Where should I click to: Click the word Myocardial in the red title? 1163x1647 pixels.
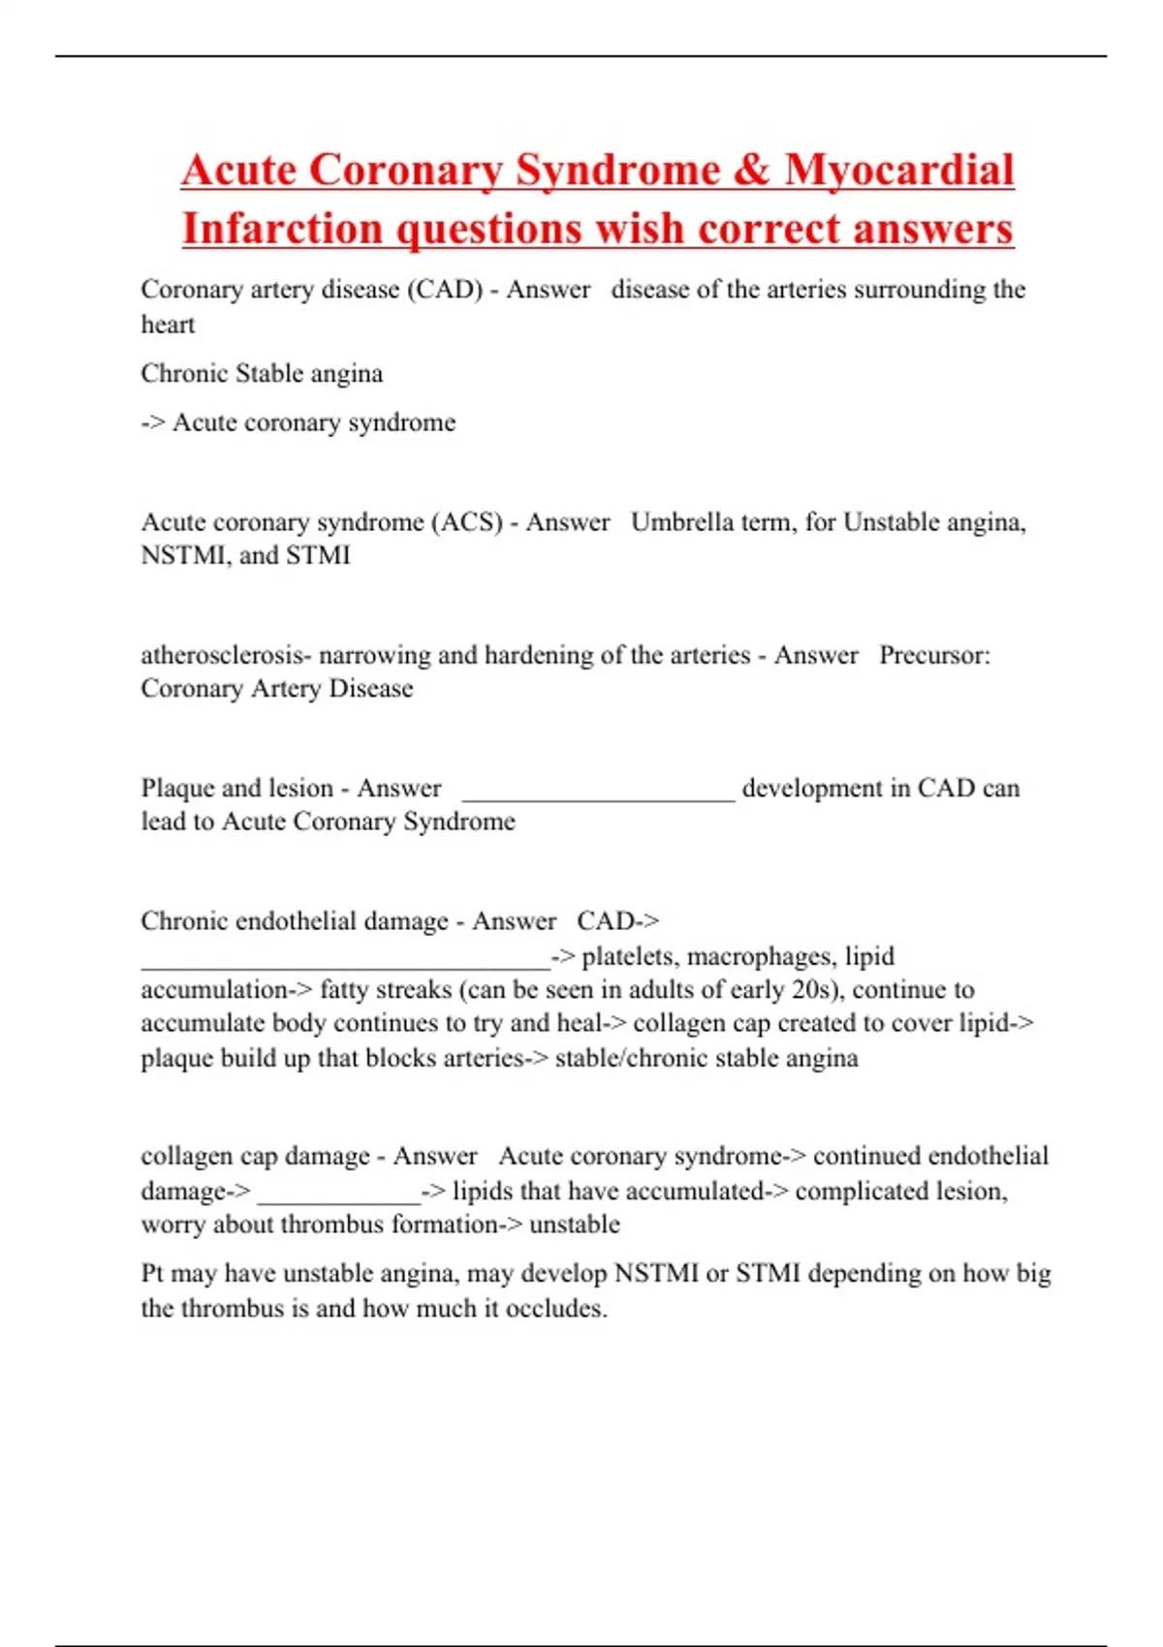(898, 171)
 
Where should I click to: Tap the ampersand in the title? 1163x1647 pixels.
(751, 171)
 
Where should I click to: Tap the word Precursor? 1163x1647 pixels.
(934, 656)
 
